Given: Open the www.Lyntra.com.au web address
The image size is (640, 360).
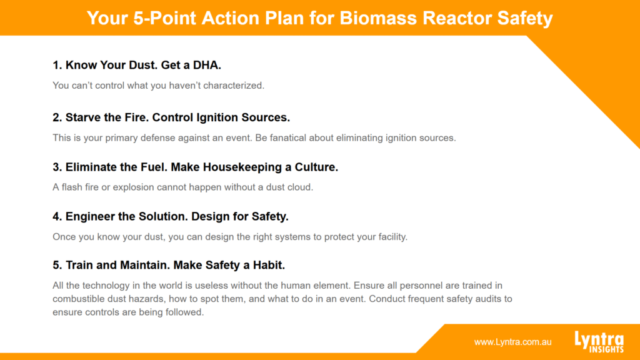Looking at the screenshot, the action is pos(512,342).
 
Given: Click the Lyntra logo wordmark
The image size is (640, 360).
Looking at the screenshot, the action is pos(599,339).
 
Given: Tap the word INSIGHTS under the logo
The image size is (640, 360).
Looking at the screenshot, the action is pos(606,349).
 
